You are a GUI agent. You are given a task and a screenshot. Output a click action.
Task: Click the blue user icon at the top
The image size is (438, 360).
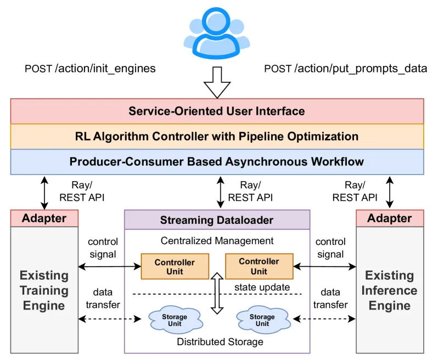pos(216,33)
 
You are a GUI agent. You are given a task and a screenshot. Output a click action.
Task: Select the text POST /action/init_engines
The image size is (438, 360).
pos(90,69)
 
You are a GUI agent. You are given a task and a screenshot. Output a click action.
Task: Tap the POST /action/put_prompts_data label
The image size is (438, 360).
pos(346,69)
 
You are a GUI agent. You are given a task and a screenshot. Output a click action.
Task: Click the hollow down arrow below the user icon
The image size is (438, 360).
pos(217,82)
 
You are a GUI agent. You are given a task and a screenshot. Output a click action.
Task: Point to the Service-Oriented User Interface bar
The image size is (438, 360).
pos(217,111)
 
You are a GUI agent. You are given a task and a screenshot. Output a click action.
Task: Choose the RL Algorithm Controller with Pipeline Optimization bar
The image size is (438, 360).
pos(217,136)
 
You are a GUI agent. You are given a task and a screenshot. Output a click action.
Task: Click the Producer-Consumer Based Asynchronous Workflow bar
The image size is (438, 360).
pos(217,162)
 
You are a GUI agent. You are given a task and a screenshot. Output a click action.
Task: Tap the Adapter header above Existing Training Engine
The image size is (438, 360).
pos(44,218)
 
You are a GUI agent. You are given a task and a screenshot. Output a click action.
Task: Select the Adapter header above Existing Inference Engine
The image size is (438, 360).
pos(390,218)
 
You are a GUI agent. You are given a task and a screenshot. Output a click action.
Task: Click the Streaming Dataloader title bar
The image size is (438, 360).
pos(217,220)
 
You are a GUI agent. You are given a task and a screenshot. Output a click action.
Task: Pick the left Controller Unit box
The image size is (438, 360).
pos(175,267)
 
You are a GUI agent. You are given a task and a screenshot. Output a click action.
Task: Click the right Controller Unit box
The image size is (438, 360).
pos(259,267)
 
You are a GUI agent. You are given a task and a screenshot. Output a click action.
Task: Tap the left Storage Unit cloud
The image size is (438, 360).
pos(175,320)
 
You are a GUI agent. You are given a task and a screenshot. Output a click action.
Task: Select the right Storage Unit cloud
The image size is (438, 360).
pos(262,320)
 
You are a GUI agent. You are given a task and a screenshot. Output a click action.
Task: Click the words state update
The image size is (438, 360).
pos(262,287)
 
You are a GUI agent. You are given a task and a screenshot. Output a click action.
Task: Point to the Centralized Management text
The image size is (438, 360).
pos(217,241)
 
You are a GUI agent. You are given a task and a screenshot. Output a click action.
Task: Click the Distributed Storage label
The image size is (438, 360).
pos(220,341)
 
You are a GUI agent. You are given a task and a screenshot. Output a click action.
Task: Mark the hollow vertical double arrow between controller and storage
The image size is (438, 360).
pos(217,293)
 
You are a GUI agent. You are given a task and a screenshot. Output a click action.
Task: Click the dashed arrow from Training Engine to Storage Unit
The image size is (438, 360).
pos(110,319)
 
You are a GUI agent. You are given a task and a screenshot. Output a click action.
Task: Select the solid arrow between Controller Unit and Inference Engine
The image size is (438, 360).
pos(324,267)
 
